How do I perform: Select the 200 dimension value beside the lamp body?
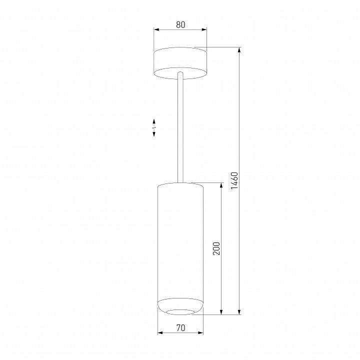(x=216, y=248)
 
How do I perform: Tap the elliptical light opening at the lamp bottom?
(x=180, y=312)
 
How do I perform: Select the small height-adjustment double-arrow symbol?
(x=154, y=128)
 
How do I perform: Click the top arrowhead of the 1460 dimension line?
(x=240, y=50)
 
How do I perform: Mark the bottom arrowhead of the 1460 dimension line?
(x=240, y=312)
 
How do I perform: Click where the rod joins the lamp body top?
(x=180, y=182)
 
